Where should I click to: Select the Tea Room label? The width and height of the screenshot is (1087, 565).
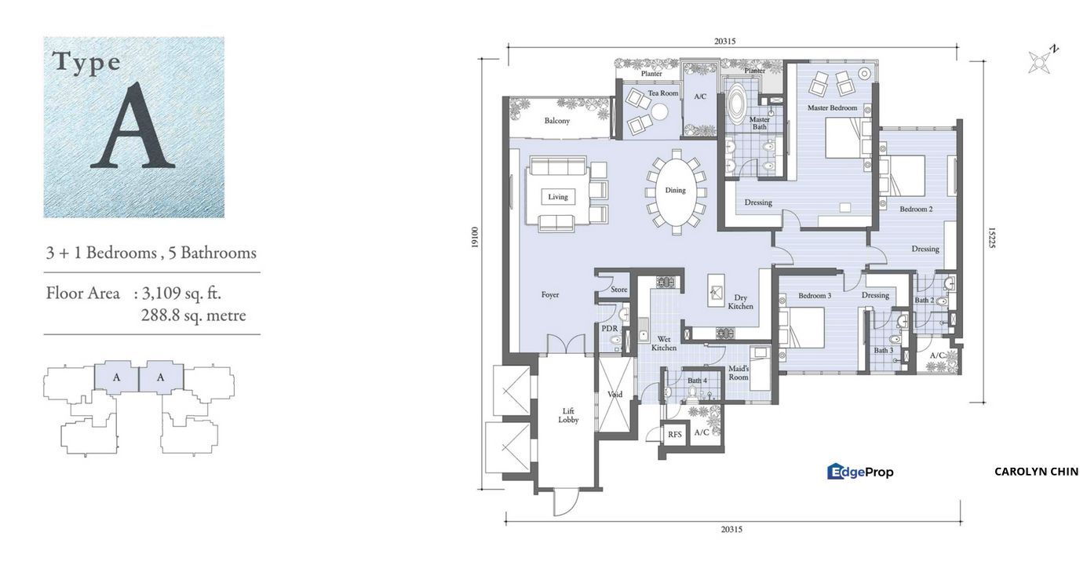tap(663, 93)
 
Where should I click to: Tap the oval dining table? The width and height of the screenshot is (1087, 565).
tap(675, 191)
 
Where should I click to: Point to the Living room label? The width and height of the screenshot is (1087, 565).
tap(557, 197)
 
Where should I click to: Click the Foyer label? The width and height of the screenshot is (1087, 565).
tap(550, 295)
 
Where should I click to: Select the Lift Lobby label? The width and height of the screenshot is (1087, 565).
tap(568, 415)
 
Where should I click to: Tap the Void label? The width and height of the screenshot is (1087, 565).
tap(615, 394)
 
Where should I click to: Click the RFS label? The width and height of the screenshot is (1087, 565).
tap(674, 433)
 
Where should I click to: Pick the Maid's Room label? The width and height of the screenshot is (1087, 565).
tap(739, 373)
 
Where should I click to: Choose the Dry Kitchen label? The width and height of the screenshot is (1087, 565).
tap(740, 301)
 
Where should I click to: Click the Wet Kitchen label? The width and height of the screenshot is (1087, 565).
tap(663, 343)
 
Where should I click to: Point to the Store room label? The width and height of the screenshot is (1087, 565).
tap(619, 290)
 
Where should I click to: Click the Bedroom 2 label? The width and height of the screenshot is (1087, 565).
tap(916, 210)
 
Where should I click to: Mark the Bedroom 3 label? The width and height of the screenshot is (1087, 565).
tap(815, 296)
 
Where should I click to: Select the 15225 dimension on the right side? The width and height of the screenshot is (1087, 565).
tap(991, 238)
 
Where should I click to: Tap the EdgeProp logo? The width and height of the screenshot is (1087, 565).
tap(860, 472)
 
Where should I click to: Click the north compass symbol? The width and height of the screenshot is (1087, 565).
tap(1041, 60)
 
